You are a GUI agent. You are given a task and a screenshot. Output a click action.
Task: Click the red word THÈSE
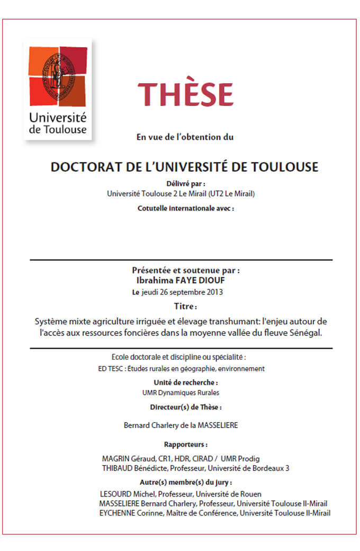(186, 94)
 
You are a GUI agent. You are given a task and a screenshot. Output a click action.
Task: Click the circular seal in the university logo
(57, 70)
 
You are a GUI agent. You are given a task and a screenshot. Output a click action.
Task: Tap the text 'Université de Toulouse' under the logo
(58, 123)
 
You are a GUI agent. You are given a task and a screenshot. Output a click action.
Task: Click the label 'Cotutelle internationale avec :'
(185, 208)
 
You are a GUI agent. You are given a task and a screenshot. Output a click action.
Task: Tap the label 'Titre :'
(185, 307)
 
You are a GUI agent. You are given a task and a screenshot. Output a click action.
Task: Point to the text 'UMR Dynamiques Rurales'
(181, 393)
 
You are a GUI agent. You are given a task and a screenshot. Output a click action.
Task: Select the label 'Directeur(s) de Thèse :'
(185, 407)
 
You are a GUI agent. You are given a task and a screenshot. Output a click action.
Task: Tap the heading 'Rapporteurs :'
(185, 444)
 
